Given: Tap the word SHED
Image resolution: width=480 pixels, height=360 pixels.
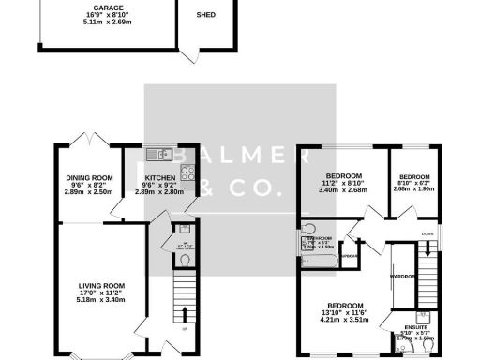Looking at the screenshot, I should (x=205, y=16).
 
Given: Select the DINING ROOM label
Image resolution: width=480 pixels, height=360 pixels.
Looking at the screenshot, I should (x=89, y=177).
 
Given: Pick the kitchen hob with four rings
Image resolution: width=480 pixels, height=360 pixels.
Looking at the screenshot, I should (x=186, y=172).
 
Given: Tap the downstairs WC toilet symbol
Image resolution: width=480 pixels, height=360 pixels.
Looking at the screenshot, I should (x=185, y=259).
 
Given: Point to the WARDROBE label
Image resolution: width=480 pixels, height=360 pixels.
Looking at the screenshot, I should (x=404, y=277).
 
